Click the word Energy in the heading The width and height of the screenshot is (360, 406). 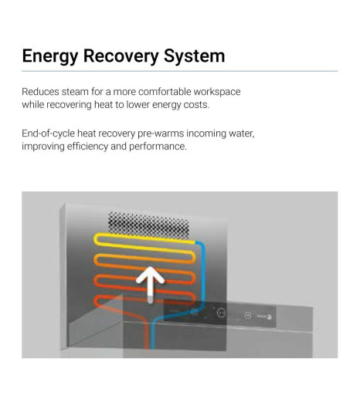(50, 56)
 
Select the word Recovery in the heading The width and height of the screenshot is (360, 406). (121, 56)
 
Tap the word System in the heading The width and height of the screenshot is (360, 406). (195, 56)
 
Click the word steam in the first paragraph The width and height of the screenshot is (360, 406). (75, 92)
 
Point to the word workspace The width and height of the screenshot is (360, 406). (217, 92)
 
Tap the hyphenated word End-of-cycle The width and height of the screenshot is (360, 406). (48, 134)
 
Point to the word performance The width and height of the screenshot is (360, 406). (158, 147)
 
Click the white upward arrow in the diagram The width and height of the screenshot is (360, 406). (150, 284)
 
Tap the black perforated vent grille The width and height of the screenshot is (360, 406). (149, 225)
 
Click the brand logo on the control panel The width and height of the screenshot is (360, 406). (264, 316)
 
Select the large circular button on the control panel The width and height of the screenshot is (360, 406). (221, 313)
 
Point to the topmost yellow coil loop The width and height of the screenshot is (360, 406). (144, 243)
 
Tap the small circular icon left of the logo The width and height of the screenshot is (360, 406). (248, 315)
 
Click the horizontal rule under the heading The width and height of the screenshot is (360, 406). (180, 71)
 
